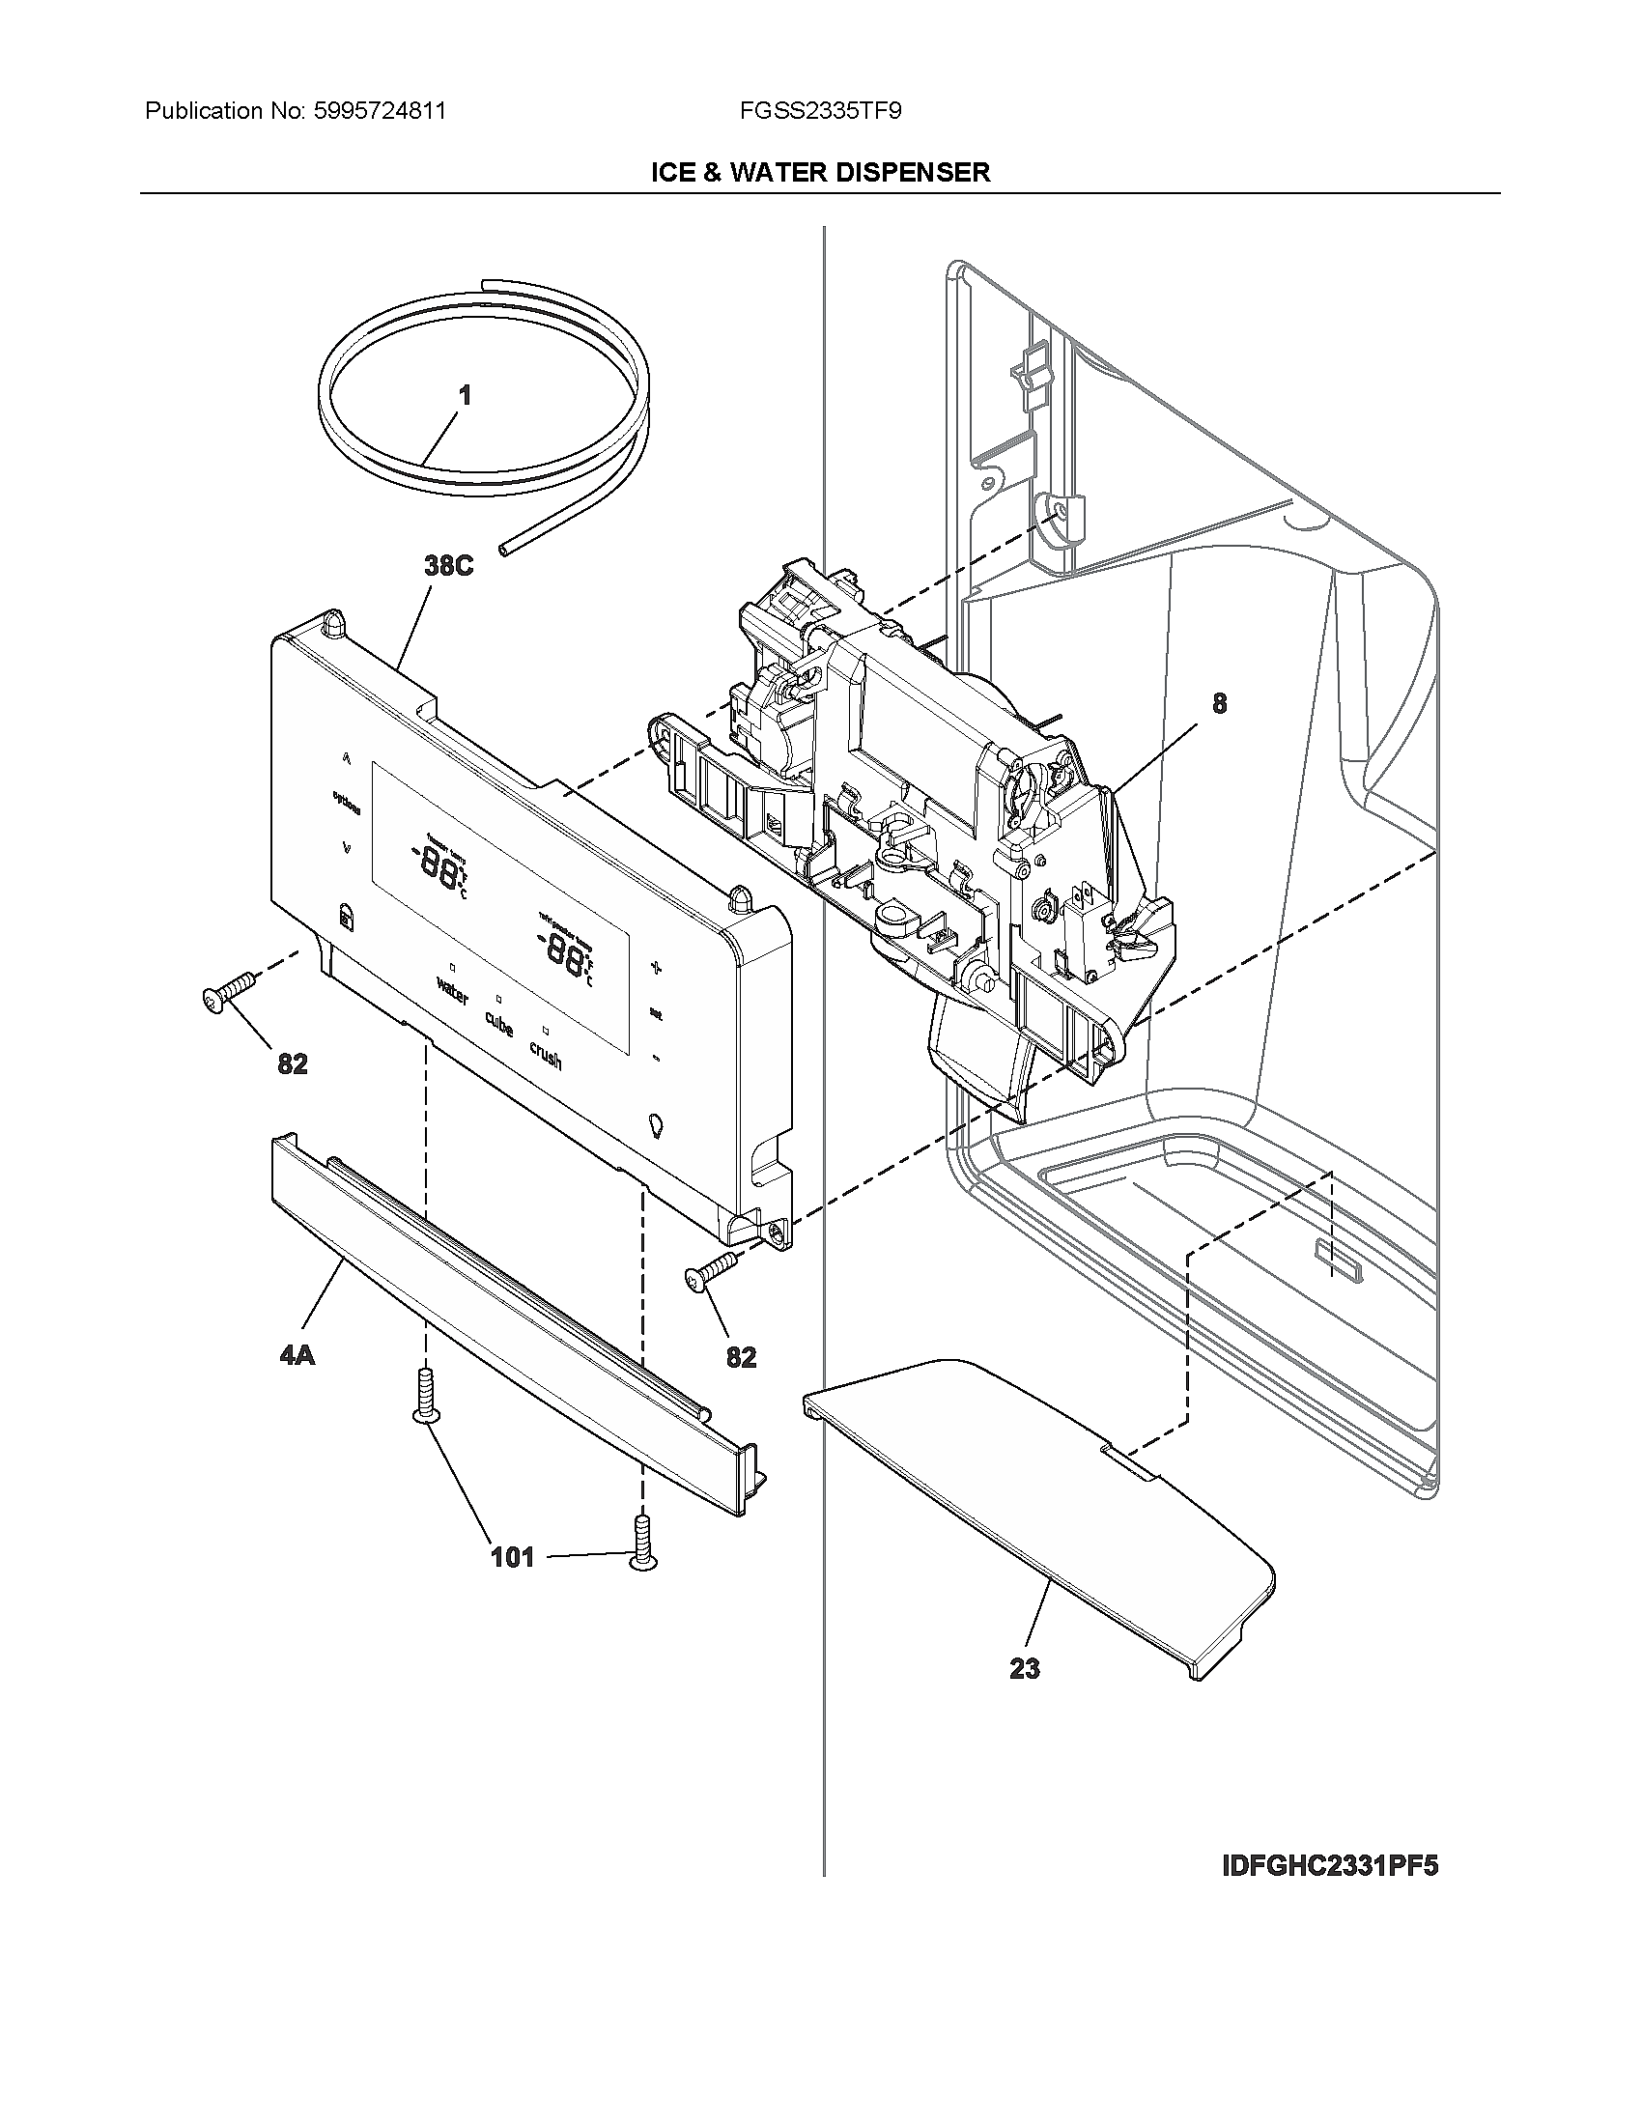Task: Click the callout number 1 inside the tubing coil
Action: (x=465, y=395)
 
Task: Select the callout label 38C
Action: (x=448, y=566)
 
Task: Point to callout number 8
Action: (x=1219, y=703)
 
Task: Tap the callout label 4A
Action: (x=297, y=1354)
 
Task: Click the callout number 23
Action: (x=1024, y=1669)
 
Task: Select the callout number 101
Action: (x=512, y=1557)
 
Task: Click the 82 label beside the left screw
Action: (x=292, y=1063)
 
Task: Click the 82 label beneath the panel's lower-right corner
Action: (x=741, y=1356)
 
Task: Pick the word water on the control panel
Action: (x=452, y=992)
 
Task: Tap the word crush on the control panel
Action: (x=546, y=1054)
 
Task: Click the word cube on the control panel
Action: (x=499, y=1024)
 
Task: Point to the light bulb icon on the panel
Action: (x=656, y=1124)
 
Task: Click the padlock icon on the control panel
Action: (x=345, y=916)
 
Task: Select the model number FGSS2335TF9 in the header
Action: (x=820, y=111)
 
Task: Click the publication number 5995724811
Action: (x=380, y=111)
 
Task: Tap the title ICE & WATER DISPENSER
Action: (x=820, y=172)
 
